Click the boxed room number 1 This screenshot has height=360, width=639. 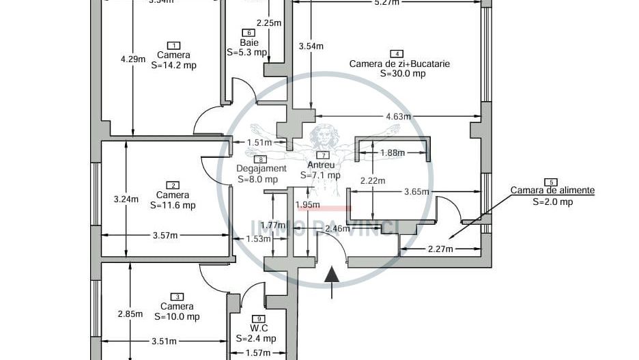pyautogui.click(x=173, y=45)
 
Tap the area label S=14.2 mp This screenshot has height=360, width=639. pyautogui.click(x=173, y=66)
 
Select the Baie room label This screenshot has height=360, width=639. pyautogui.click(x=248, y=42)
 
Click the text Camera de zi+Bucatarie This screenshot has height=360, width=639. pyautogui.click(x=399, y=64)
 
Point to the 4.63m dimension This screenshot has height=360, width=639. pyautogui.click(x=398, y=117)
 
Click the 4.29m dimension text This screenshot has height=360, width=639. pyautogui.click(x=133, y=59)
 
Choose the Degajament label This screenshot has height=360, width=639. pyautogui.click(x=261, y=169)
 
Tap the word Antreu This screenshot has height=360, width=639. pyautogui.click(x=321, y=165)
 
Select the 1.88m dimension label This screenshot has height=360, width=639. pyautogui.click(x=393, y=153)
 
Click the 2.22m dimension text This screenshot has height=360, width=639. pyautogui.click(x=373, y=181)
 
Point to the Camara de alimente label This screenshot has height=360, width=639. pyautogui.click(x=552, y=191)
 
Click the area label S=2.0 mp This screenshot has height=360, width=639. pyautogui.click(x=552, y=202)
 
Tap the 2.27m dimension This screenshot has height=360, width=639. pyautogui.click(x=440, y=249)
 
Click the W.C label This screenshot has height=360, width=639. pyautogui.click(x=257, y=329)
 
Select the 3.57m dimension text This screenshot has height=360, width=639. pyautogui.click(x=165, y=236)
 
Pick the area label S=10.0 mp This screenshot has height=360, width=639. pyautogui.click(x=177, y=316)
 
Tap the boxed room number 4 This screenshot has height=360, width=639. pyautogui.click(x=395, y=53)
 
